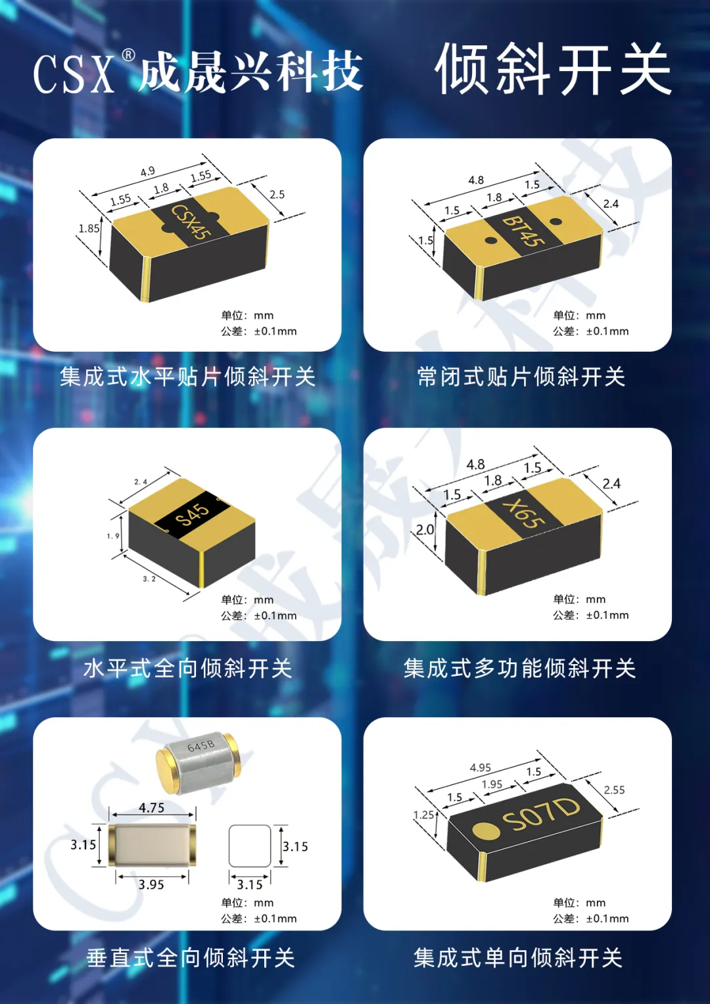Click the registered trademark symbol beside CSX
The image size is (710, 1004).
click(x=128, y=55)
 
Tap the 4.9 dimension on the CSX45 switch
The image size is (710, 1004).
click(x=147, y=171)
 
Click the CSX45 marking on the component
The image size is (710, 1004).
click(x=191, y=222)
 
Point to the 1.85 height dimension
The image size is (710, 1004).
click(x=89, y=229)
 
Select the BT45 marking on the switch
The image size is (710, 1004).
click(x=523, y=231)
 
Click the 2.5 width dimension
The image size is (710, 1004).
click(x=277, y=195)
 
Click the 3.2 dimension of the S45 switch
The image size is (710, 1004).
click(x=149, y=579)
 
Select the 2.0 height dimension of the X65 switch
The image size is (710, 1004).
click(x=425, y=530)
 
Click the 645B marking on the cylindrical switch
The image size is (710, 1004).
click(x=201, y=746)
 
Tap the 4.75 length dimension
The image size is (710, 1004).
click(x=151, y=807)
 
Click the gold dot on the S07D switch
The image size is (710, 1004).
click(x=486, y=830)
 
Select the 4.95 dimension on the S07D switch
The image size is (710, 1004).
click(x=481, y=768)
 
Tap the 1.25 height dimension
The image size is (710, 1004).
click(x=423, y=815)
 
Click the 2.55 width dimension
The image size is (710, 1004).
click(x=614, y=790)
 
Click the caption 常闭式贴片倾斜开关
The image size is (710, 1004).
click(x=521, y=377)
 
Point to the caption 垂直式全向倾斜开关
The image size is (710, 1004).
click(x=191, y=958)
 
